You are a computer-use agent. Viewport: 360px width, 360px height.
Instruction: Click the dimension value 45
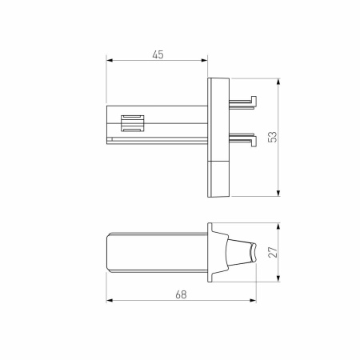pyautogui.click(x=158, y=54)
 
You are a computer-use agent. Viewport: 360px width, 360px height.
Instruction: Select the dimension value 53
pyautogui.click(x=272, y=137)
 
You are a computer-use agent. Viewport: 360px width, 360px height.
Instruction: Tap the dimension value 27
pyautogui.click(x=272, y=251)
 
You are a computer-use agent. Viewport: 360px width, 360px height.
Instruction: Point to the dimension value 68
pyautogui.click(x=181, y=295)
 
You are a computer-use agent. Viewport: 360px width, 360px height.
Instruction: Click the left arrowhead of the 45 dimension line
pyautogui.click(x=110, y=62)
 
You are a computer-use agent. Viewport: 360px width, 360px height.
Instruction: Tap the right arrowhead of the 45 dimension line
pyautogui.click(x=205, y=62)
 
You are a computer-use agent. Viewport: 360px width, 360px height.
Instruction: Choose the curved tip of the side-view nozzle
pyautogui.click(x=254, y=252)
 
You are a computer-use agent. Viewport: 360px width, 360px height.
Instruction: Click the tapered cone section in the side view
pyautogui.click(x=236, y=252)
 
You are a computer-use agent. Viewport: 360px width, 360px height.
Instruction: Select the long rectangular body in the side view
pyautogui.click(x=156, y=251)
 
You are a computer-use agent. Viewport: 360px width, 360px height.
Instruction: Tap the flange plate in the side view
pyautogui.click(x=212, y=251)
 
